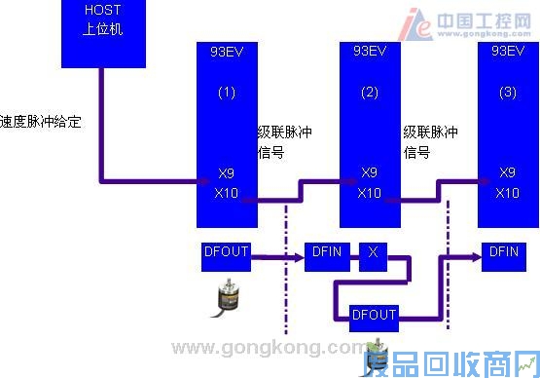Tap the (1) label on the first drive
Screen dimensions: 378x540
tap(226, 93)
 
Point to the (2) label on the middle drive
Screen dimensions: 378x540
tap(369, 93)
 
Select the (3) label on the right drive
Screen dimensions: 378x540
tap(507, 93)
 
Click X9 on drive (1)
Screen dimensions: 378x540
tap(226, 173)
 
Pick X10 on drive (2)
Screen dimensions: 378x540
tap(369, 192)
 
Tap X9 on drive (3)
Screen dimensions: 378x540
tap(507, 173)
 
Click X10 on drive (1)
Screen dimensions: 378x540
tap(226, 192)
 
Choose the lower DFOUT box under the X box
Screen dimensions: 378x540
tap(373, 316)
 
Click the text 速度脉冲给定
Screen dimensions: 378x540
tap(41, 123)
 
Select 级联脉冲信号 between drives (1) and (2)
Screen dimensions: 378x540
tap(284, 141)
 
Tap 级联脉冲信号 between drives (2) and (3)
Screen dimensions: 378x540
tap(430, 141)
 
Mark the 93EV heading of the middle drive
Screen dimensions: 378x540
tap(369, 49)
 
